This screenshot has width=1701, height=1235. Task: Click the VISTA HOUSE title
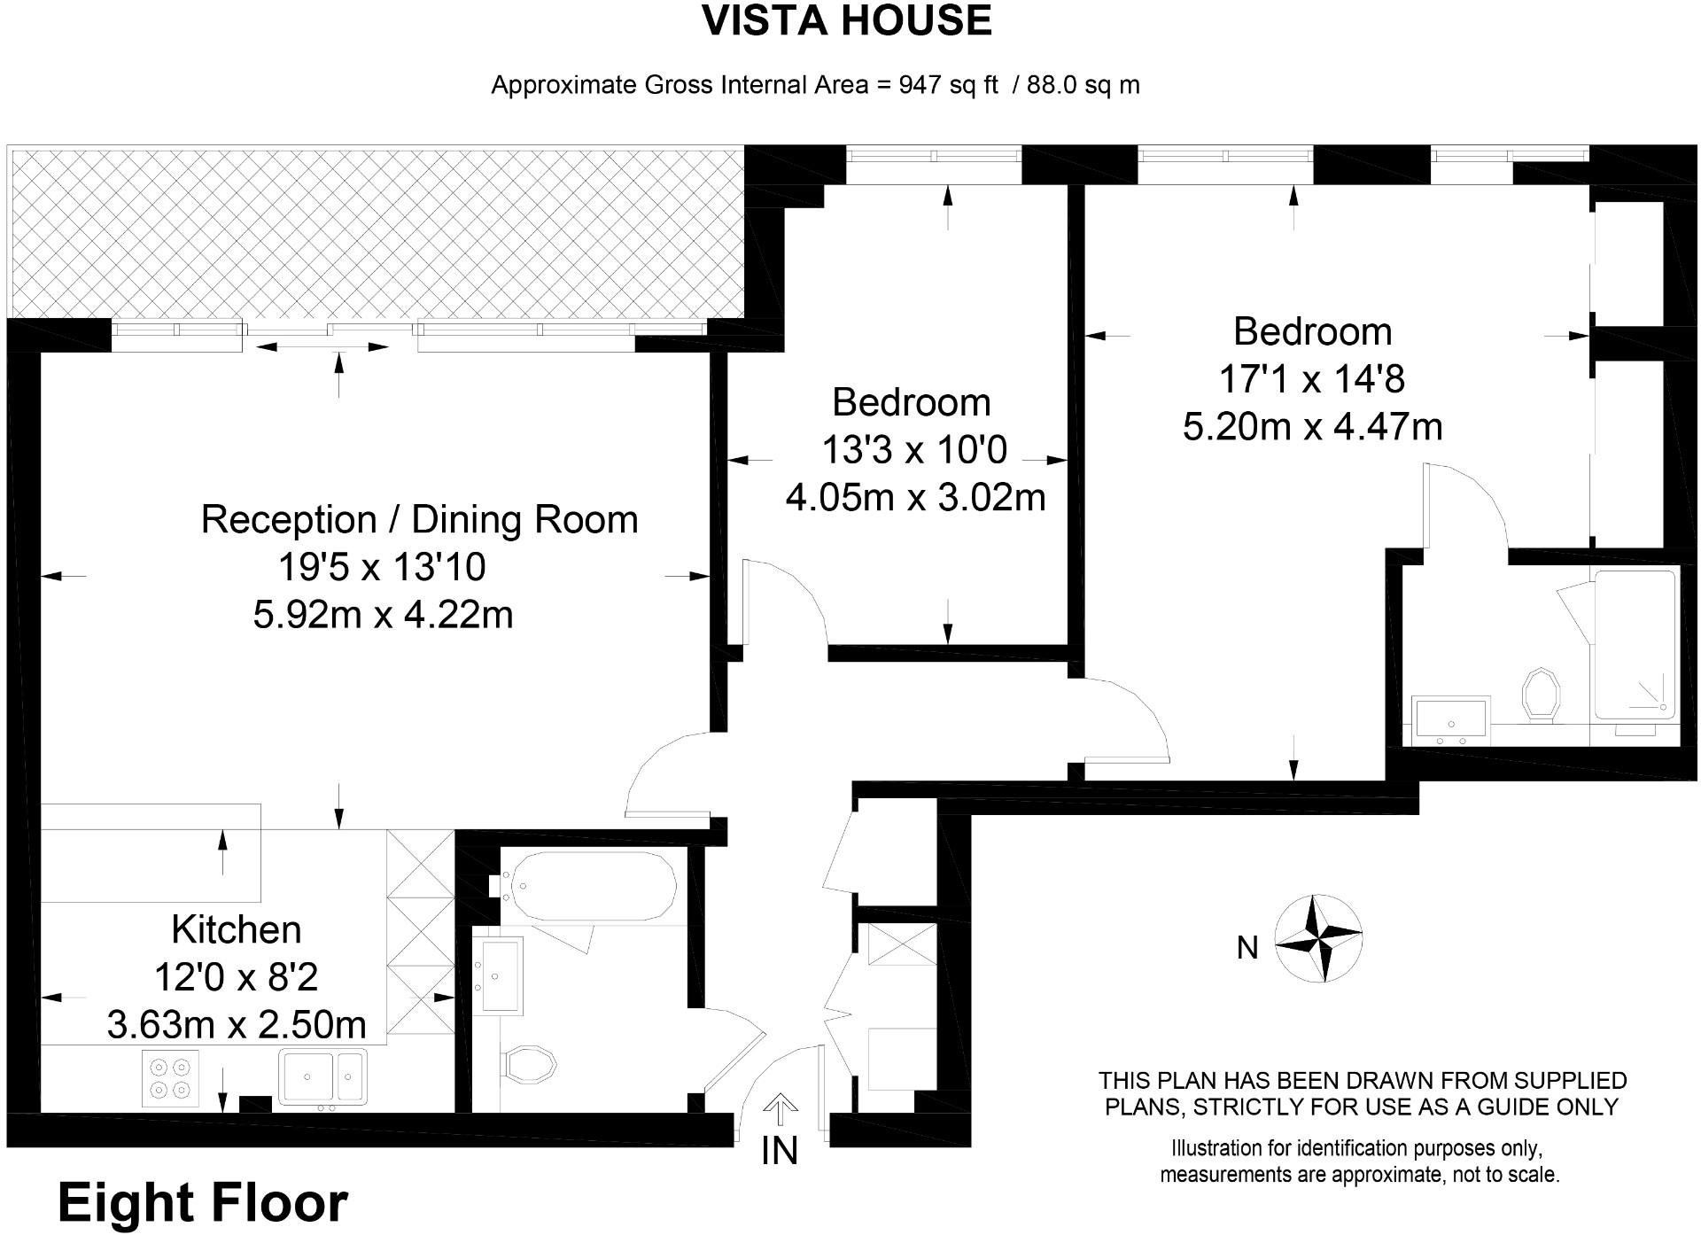point(846,21)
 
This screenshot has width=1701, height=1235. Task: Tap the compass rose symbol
point(1317,938)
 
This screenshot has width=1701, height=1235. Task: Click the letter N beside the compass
point(1247,948)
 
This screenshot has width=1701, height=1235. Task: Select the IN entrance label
point(779,1151)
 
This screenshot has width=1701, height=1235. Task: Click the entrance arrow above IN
point(780,1107)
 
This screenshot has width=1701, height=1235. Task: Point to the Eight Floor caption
point(203,1203)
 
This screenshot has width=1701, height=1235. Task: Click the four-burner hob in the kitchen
point(170,1078)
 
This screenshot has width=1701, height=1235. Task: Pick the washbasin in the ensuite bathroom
point(1451,718)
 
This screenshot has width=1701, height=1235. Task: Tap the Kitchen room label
point(236,929)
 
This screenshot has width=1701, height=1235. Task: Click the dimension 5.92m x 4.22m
point(383,614)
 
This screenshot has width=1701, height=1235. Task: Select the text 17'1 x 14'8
point(1311,379)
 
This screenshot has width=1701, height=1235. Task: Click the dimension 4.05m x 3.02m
point(915,497)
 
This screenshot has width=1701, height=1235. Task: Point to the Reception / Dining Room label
point(419,519)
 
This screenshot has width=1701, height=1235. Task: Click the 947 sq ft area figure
point(948,85)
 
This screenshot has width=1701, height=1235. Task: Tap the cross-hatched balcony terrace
point(377,233)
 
